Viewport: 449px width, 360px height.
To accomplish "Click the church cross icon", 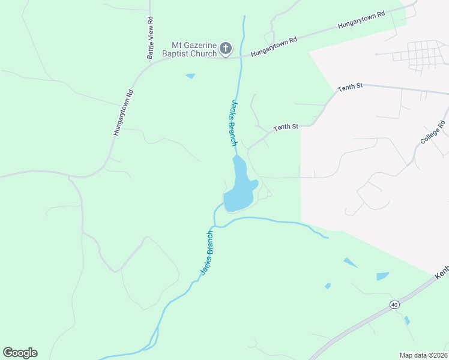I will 226,48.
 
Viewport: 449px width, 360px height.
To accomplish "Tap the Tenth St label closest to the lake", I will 286,127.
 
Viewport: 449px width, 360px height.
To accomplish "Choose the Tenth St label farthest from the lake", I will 350,88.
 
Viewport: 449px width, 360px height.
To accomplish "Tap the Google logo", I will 20,353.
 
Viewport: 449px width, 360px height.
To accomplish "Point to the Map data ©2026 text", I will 423,355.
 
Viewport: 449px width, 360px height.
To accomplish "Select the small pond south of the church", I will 191,76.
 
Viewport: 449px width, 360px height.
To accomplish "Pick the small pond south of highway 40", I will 407,320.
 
